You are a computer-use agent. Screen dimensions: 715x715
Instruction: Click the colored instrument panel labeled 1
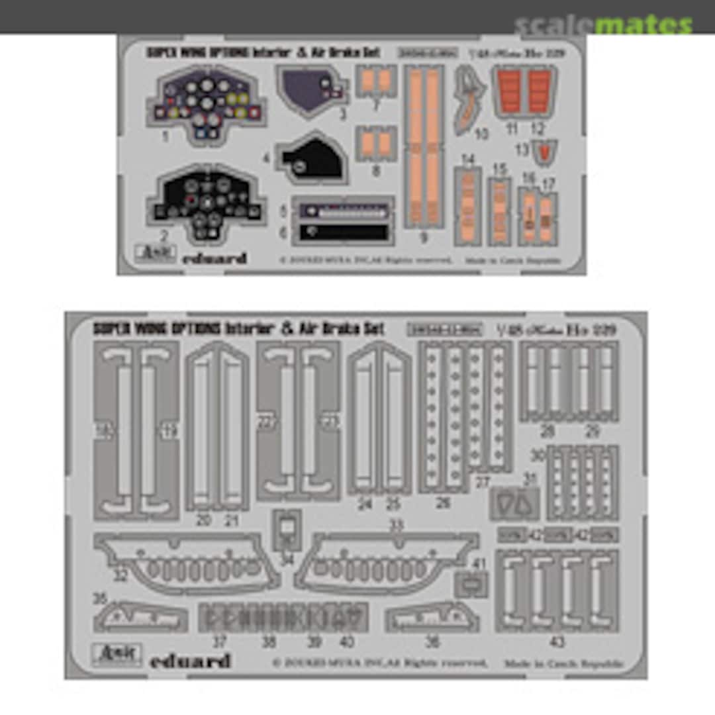click(206, 107)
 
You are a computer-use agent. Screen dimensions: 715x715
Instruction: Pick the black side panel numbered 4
click(312, 159)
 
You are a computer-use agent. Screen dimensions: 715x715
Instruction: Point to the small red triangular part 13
click(544, 153)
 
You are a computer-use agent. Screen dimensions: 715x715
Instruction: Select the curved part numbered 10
click(471, 100)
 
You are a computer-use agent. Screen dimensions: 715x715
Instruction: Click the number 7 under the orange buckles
click(375, 105)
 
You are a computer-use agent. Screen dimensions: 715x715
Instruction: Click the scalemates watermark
click(603, 25)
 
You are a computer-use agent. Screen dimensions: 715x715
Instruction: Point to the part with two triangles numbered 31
click(514, 504)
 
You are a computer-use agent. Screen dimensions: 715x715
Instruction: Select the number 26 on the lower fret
click(443, 503)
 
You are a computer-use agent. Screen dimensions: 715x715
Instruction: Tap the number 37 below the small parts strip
click(219, 642)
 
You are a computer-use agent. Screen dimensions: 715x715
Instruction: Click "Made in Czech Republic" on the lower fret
click(564, 663)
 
